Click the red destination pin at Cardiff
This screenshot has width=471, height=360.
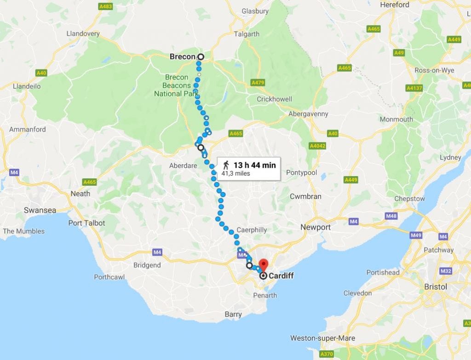pos(263,265)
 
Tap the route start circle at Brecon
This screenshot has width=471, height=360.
pos(200,57)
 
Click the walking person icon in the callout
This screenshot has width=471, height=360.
pos(226,165)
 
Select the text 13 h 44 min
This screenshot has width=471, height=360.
pos(254,165)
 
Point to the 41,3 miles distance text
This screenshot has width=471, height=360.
pos(235,173)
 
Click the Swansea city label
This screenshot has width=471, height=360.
pos(40,210)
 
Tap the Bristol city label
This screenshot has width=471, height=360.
pos(435,286)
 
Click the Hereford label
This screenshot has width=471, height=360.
pos(395,5)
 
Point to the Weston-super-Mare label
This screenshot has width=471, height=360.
pos(322,338)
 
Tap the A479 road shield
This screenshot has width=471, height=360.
pos(258,82)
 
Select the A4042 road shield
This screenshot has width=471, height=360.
pos(317,146)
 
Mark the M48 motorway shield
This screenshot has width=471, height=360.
pos(391,216)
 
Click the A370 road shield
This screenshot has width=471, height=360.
pos(327,354)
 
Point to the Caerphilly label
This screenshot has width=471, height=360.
pos(252,229)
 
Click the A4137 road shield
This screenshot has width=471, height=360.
pos(414,88)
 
